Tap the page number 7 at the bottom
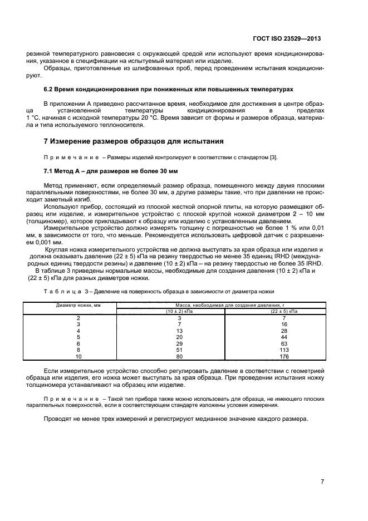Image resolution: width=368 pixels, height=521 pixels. pyautogui.click(x=322, y=482)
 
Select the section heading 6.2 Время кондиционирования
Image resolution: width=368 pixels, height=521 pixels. pyautogui.click(x=168, y=89)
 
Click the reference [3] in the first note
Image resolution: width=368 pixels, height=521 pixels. pyautogui.click(x=273, y=157)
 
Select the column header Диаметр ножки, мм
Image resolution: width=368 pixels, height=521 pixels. pyautogui.click(x=78, y=306)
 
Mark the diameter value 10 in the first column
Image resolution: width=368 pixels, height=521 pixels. pyautogui.click(x=78, y=357)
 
